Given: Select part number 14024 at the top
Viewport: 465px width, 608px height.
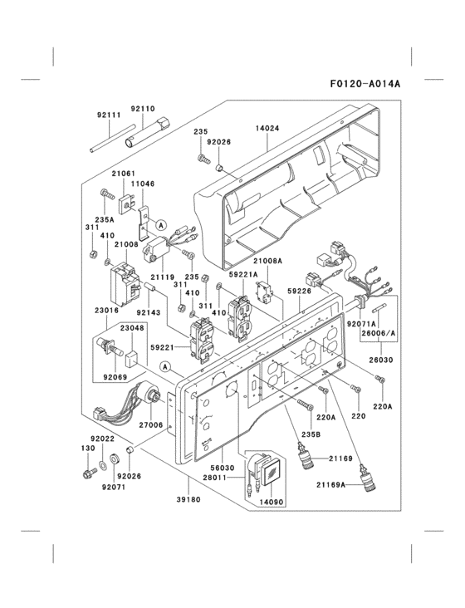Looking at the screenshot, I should (267, 130).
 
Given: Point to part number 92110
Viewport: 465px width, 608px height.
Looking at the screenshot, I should (144, 109).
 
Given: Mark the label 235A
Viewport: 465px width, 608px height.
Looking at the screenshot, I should (104, 219).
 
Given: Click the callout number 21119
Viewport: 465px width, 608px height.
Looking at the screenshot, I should (163, 277).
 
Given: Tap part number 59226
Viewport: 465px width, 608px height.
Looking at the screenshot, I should (299, 291).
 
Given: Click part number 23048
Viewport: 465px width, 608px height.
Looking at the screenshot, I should (131, 328).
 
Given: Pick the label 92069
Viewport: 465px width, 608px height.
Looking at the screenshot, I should (115, 376).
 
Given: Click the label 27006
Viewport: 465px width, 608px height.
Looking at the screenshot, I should (150, 424).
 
